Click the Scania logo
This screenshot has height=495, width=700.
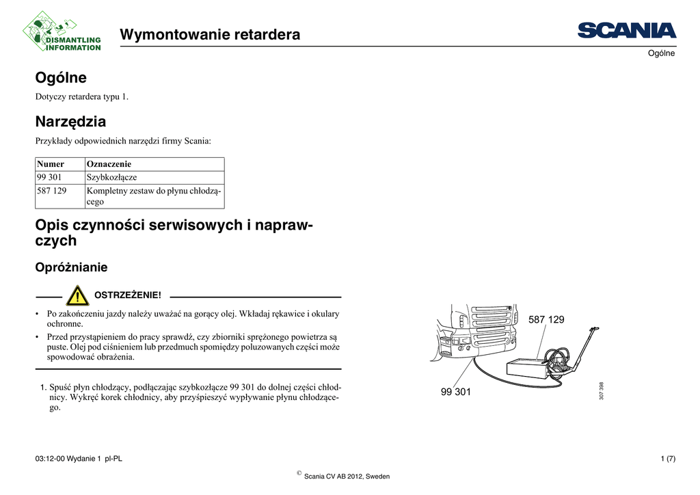click(626, 31)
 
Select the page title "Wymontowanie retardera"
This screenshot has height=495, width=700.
click(210, 34)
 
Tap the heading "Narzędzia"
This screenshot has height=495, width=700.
click(70, 122)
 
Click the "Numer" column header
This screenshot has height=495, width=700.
click(51, 164)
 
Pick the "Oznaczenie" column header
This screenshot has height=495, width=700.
click(109, 164)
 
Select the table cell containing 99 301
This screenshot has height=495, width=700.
click(50, 177)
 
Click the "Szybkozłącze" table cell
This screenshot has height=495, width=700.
click(111, 177)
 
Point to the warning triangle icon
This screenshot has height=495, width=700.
click(79, 296)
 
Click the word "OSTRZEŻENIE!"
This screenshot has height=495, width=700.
click(127, 295)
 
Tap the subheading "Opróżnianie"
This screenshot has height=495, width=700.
click(71, 267)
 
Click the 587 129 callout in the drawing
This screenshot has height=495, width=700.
click(547, 320)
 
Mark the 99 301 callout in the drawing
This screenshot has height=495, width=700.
click(456, 392)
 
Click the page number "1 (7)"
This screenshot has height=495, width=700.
click(667, 459)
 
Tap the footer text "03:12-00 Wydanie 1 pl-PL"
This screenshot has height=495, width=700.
click(79, 459)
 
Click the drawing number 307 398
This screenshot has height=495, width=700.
click(601, 391)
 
